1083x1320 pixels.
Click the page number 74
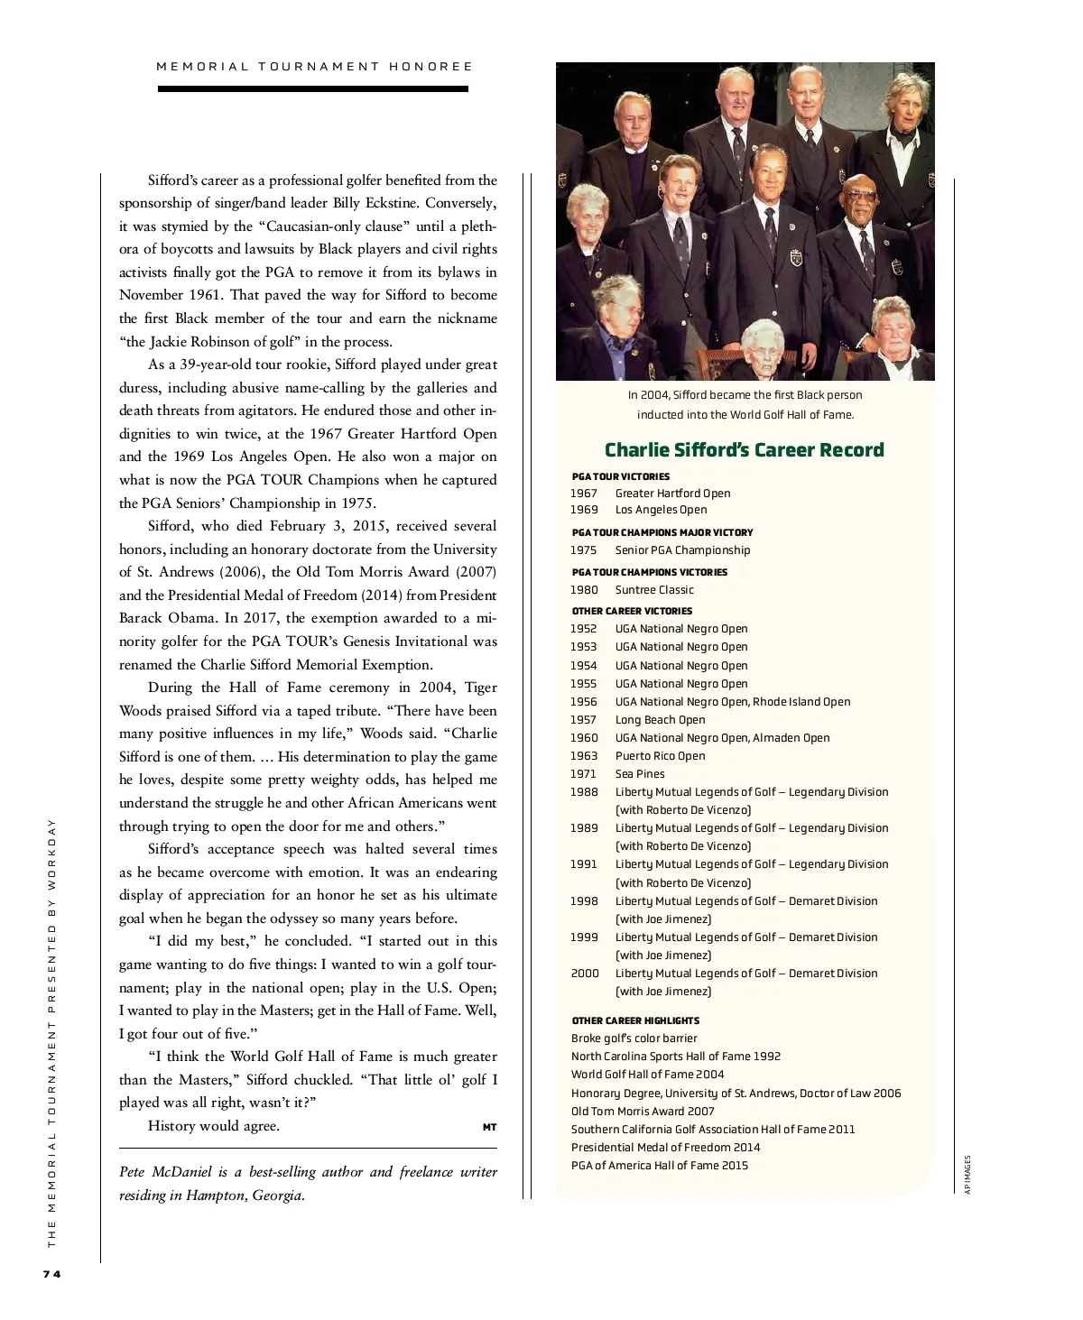pyautogui.click(x=51, y=1274)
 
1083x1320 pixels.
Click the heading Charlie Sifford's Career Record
pyautogui.click(x=744, y=450)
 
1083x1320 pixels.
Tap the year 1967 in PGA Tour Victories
pyautogui.click(x=584, y=494)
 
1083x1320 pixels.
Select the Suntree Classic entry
pyautogui.click(x=654, y=590)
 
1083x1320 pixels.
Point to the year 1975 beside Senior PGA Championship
pyautogui.click(x=584, y=550)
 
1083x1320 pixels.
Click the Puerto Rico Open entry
pyautogui.click(x=660, y=756)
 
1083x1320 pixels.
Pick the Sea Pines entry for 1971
pyautogui.click(x=640, y=774)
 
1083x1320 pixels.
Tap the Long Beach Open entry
pyautogui.click(x=660, y=720)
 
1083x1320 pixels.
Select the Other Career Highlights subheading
pyautogui.click(x=635, y=1020)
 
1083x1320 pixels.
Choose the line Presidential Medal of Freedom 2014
pyautogui.click(x=665, y=1148)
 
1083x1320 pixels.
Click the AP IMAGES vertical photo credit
pyautogui.click(x=967, y=1175)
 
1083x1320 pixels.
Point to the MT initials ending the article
pyautogui.click(x=490, y=1127)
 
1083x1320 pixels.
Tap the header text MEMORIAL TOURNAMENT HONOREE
pyautogui.click(x=314, y=66)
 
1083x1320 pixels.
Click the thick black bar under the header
pyautogui.click(x=313, y=88)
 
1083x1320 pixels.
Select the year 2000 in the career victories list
pyautogui.click(x=584, y=974)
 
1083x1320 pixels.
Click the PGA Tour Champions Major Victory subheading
pyautogui.click(x=662, y=532)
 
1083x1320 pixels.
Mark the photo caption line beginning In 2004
pyautogui.click(x=745, y=395)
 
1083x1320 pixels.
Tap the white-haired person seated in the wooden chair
pyautogui.click(x=764, y=348)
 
